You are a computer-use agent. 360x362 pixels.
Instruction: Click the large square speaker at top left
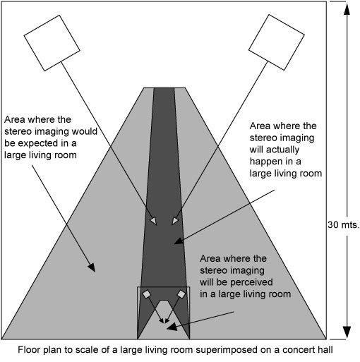tap(52, 36)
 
